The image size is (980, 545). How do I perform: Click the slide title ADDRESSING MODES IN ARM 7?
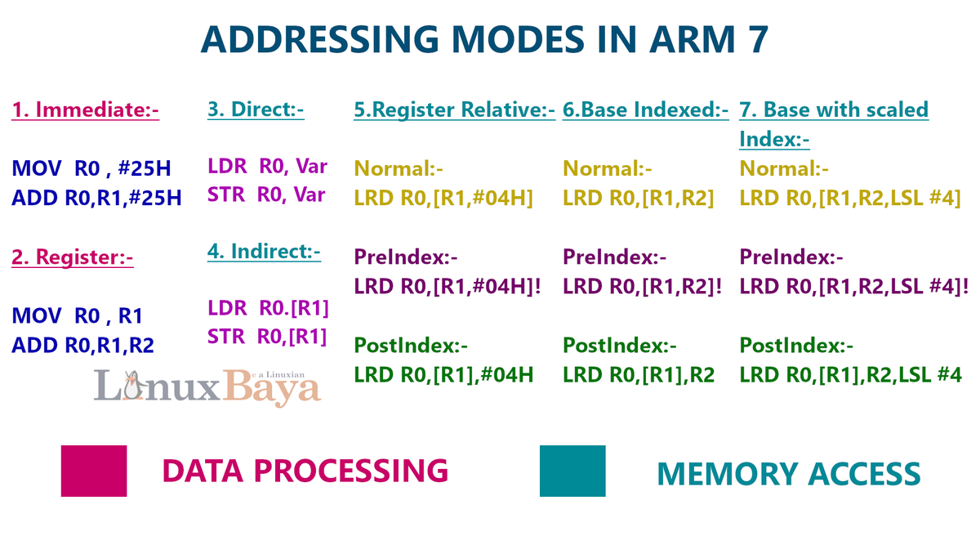pyautogui.click(x=484, y=40)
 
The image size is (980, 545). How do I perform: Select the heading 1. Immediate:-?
pyautogui.click(x=85, y=109)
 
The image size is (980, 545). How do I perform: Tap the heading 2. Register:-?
pyautogui.click(x=72, y=257)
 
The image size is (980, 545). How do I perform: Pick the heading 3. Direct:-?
pyautogui.click(x=256, y=109)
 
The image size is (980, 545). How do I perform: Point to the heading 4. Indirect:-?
pyautogui.click(x=264, y=251)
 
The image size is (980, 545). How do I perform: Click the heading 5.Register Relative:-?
pyautogui.click(x=454, y=109)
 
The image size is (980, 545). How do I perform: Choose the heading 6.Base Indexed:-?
pyautogui.click(x=645, y=109)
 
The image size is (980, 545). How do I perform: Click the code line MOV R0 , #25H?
pyautogui.click(x=91, y=169)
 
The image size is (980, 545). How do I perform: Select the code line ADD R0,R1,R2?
pyautogui.click(x=82, y=345)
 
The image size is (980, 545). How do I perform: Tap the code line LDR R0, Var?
pyautogui.click(x=267, y=167)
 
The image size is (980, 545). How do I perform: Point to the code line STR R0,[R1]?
pyautogui.click(x=267, y=336)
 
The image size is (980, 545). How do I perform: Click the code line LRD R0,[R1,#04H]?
pyautogui.click(x=448, y=286)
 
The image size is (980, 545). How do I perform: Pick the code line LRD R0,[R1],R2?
pyautogui.click(x=639, y=374)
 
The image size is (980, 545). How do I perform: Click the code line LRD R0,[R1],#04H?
pyautogui.click(x=443, y=374)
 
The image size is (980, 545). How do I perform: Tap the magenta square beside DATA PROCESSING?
pyautogui.click(x=94, y=471)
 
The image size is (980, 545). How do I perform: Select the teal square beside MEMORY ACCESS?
pyautogui.click(x=572, y=471)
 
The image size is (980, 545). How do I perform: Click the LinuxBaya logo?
pyautogui.click(x=207, y=387)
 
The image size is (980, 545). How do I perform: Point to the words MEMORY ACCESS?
pyautogui.click(x=788, y=474)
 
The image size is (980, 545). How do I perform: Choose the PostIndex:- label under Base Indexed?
pyautogui.click(x=620, y=345)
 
